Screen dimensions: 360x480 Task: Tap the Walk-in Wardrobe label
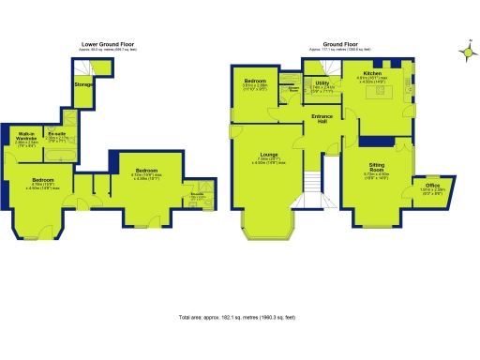(x=26, y=137)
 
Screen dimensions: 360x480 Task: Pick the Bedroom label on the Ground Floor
(x=258, y=80)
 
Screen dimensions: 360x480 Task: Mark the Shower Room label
(x=293, y=90)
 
